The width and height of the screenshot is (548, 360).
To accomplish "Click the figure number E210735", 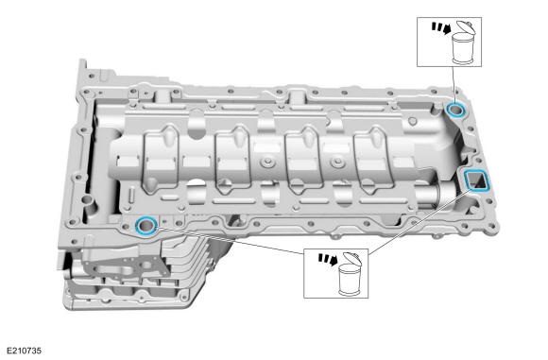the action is pyautogui.click(x=25, y=351).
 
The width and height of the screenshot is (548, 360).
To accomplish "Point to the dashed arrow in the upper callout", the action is pyautogui.click(x=441, y=28).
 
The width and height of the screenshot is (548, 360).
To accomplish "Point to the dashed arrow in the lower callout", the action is pyautogui.click(x=328, y=260).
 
